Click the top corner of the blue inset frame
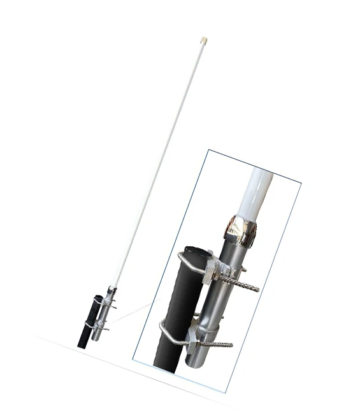pos(208,150)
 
